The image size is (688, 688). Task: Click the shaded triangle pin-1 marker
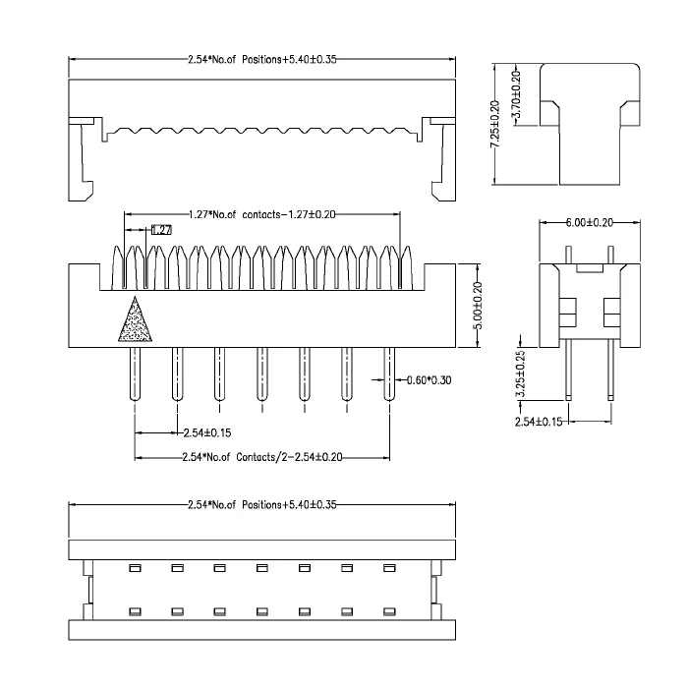(135, 322)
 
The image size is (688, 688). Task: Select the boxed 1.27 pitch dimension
(161, 229)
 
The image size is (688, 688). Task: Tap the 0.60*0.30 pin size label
(429, 380)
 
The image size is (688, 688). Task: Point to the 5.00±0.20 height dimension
(479, 306)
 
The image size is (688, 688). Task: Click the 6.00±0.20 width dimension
(590, 222)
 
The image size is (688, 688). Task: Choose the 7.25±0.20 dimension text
(495, 124)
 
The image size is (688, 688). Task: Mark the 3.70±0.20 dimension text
(516, 94)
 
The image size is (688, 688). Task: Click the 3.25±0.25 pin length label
(520, 373)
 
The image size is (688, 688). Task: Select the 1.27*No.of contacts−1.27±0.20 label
(262, 214)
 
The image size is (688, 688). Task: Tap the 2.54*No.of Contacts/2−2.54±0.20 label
(262, 457)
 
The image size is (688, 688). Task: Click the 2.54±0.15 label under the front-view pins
(206, 433)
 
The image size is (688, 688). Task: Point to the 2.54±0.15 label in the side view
(539, 422)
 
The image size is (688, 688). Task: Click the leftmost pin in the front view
(135, 374)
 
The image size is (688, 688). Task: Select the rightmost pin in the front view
(389, 374)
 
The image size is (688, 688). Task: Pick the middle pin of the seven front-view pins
(262, 374)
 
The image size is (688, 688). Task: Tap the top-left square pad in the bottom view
(136, 568)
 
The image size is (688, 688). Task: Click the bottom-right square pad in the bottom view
(389, 611)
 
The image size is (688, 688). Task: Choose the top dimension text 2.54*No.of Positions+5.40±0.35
(262, 59)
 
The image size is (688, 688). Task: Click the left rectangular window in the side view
(568, 313)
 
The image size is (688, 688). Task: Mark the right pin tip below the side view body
(610, 398)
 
